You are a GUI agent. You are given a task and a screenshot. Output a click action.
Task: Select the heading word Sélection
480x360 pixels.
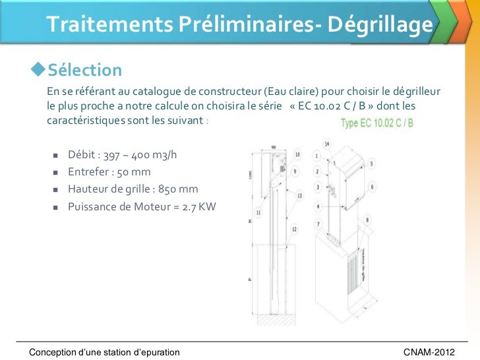[x=84, y=71]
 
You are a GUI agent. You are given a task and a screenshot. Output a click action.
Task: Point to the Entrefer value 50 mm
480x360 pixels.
[x=133, y=173]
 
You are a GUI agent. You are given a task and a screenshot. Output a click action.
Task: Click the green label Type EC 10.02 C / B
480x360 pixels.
[x=376, y=123]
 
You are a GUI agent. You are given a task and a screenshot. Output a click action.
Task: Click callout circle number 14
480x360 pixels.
[x=328, y=143]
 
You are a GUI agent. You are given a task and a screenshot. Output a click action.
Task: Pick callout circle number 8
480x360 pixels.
[x=368, y=220]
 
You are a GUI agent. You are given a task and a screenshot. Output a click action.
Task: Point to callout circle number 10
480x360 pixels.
[x=297, y=155]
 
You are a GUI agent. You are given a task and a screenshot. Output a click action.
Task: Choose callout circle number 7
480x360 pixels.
[x=318, y=225]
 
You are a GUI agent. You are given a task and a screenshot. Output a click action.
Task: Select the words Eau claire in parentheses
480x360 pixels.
[x=288, y=90]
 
